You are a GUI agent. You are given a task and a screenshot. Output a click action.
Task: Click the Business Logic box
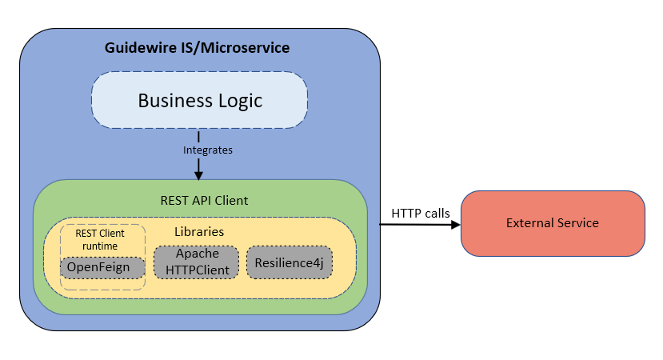tap(199, 101)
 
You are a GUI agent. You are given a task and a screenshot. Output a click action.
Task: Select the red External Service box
tap(552, 223)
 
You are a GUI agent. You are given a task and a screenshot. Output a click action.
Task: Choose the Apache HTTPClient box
tap(196, 262)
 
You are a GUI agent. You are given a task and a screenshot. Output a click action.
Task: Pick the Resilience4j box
tap(289, 262)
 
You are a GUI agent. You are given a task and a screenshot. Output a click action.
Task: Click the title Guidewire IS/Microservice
tap(198, 48)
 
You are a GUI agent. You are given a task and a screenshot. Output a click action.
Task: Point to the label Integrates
tap(198, 150)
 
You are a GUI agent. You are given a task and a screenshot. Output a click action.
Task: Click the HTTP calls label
tap(420, 213)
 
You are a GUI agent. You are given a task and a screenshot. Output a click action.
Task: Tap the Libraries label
tap(198, 232)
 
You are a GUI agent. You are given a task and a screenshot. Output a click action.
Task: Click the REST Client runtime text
tap(102, 241)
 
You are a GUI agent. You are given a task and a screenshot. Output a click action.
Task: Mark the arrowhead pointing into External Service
tap(457, 225)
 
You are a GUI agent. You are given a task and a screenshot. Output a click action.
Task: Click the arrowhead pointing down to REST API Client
tap(198, 174)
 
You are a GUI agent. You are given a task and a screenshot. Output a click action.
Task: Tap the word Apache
tap(196, 254)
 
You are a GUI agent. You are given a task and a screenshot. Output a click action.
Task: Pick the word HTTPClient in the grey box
tap(196, 270)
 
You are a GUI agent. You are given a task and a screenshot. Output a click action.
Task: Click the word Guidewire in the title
tap(137, 48)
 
